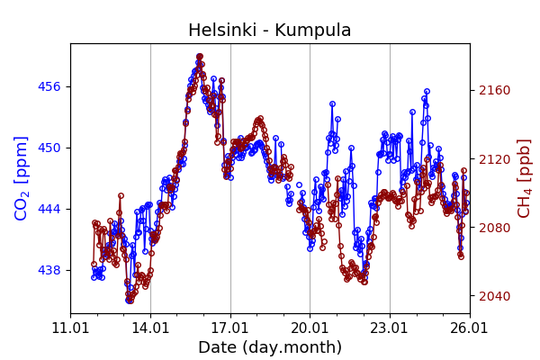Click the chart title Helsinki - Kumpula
(x=270, y=31)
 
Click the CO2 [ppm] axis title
(x=22, y=178)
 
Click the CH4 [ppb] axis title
(x=524, y=178)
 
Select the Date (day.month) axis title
(x=270, y=347)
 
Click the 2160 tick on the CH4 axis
(x=493, y=90)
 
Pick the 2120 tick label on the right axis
(x=493, y=159)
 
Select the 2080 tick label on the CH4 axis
(x=493, y=228)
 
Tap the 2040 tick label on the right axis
(x=493, y=296)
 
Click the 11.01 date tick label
(x=70, y=328)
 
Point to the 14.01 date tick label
(x=150, y=328)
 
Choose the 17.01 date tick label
(x=230, y=328)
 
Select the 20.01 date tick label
(x=310, y=328)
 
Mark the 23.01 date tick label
(x=390, y=328)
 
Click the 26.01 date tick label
(x=470, y=328)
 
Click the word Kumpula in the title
(x=313, y=31)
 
